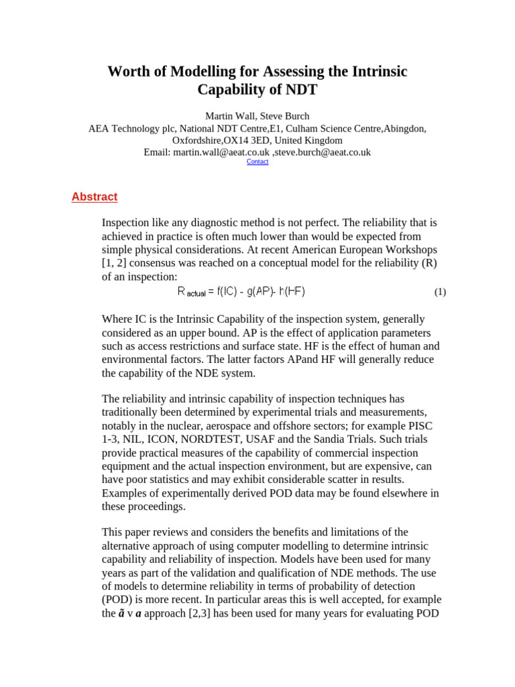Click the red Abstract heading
coord(95,197)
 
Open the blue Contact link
coord(257,162)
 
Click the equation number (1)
coord(440,292)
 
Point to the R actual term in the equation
coord(192,292)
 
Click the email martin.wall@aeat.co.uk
coord(221,152)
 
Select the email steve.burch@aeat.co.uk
coord(323,152)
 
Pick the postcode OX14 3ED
coord(247,140)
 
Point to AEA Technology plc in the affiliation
coord(132,128)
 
